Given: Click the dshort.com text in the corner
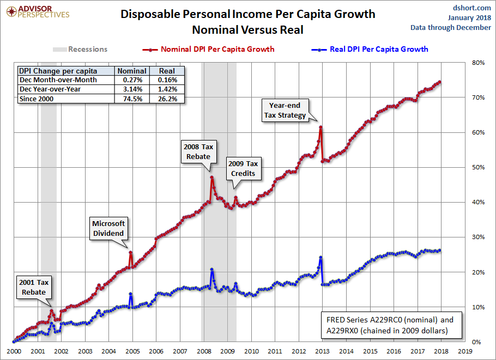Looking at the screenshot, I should click(473, 8).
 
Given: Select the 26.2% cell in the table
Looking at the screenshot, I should click(167, 99).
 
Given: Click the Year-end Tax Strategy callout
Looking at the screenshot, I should click(285, 109).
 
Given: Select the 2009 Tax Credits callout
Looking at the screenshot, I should click(243, 168).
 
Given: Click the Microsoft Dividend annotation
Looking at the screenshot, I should click(108, 228).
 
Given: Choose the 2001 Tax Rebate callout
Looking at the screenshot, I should click(34, 287).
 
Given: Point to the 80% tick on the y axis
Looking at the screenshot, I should click(477, 63).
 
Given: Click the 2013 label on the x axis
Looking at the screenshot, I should click(322, 352).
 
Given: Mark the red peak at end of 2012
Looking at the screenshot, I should click(320, 127).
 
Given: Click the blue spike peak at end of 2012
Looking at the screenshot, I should click(320, 257).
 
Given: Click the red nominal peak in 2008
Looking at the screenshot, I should click(211, 177).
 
